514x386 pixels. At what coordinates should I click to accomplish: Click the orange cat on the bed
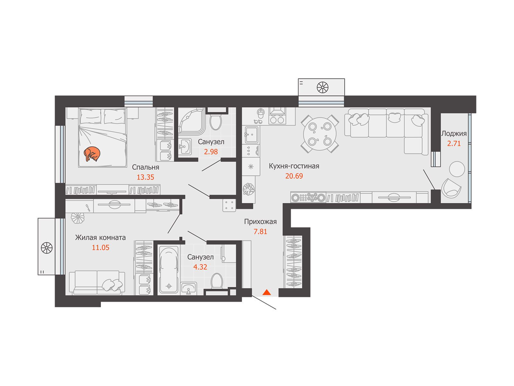coord(92,154)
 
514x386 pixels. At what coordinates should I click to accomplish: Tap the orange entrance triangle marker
coord(267,292)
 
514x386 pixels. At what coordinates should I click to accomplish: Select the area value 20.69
coord(294,176)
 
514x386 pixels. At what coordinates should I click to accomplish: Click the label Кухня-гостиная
coord(294,166)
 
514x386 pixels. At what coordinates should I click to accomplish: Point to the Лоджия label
coord(454,133)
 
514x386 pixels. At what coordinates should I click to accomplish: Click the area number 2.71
coord(454,143)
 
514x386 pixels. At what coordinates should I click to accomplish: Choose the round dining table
coord(320,134)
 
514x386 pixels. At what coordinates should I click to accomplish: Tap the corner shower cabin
coord(191,121)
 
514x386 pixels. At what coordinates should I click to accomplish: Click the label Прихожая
coord(261,222)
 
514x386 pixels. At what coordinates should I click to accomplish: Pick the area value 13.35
coord(146,177)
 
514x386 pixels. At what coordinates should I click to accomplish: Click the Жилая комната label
coord(101,238)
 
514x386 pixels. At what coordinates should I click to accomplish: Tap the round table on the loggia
coord(456,169)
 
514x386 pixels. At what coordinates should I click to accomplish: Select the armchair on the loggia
coord(451,188)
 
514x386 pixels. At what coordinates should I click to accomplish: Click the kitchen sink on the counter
coord(252,135)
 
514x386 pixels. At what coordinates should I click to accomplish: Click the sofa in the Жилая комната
coord(97,282)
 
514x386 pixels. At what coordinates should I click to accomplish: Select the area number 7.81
coord(261,232)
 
